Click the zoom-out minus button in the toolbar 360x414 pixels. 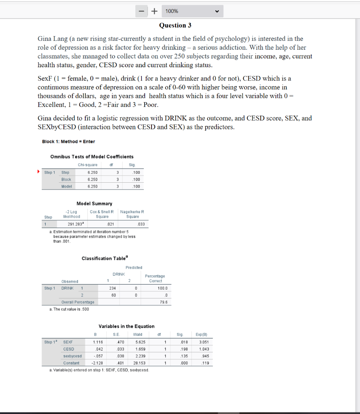[142, 11]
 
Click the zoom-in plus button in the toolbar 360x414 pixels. [154, 11]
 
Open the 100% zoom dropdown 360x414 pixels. [193, 11]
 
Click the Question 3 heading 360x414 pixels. [175, 25]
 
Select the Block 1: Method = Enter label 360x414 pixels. [68, 141]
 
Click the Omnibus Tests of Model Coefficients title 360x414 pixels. [92, 156]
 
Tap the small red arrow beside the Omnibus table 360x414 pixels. [39, 172]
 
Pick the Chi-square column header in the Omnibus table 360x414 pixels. [87, 165]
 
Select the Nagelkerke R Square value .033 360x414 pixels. [141, 224]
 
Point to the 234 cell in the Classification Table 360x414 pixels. [113, 288]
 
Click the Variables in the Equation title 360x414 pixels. [126, 326]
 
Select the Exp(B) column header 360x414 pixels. [203, 334]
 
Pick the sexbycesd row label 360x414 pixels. [72, 356]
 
